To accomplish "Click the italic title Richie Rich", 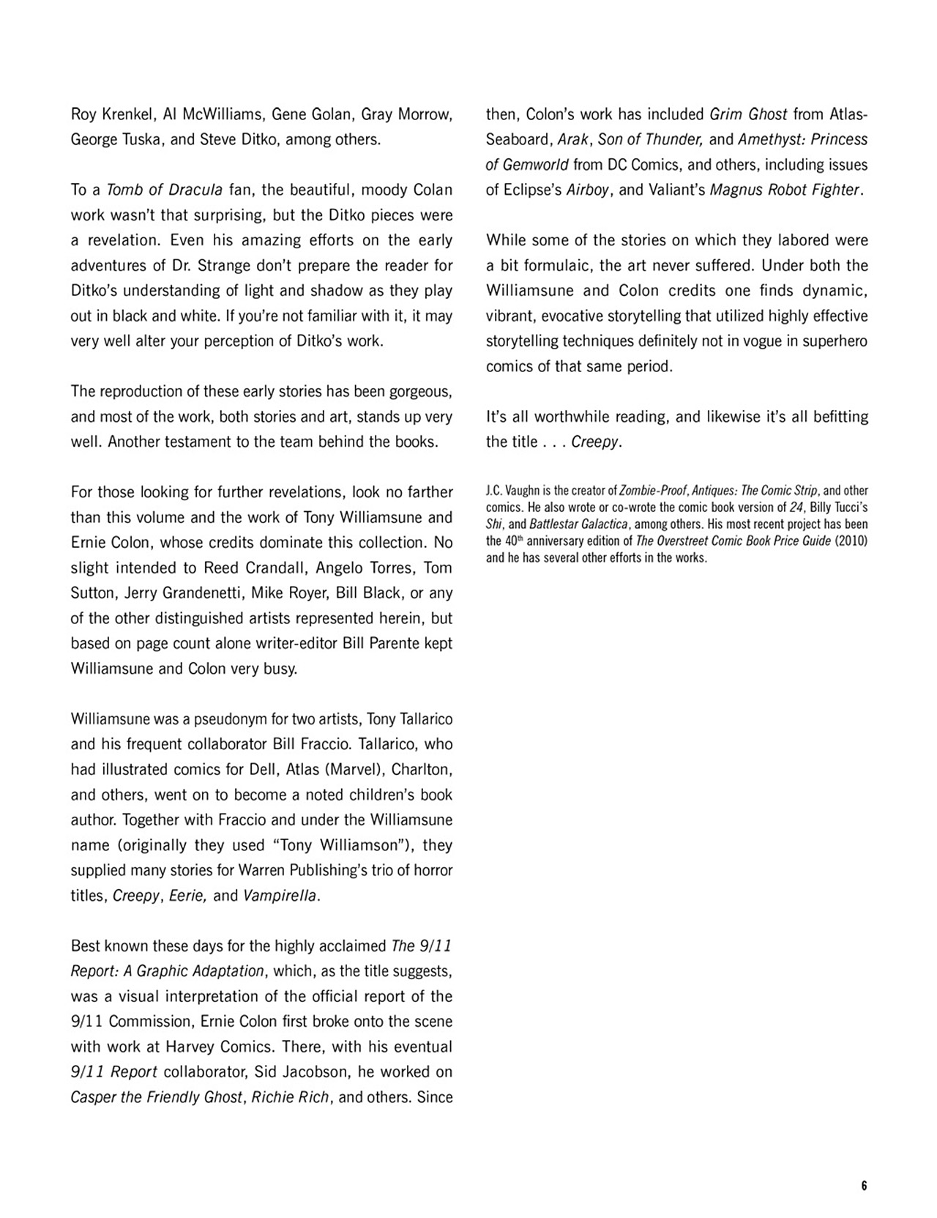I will coord(290,1098).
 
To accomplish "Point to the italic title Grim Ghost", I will coord(748,114).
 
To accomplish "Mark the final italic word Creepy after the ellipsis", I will coord(595,442).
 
